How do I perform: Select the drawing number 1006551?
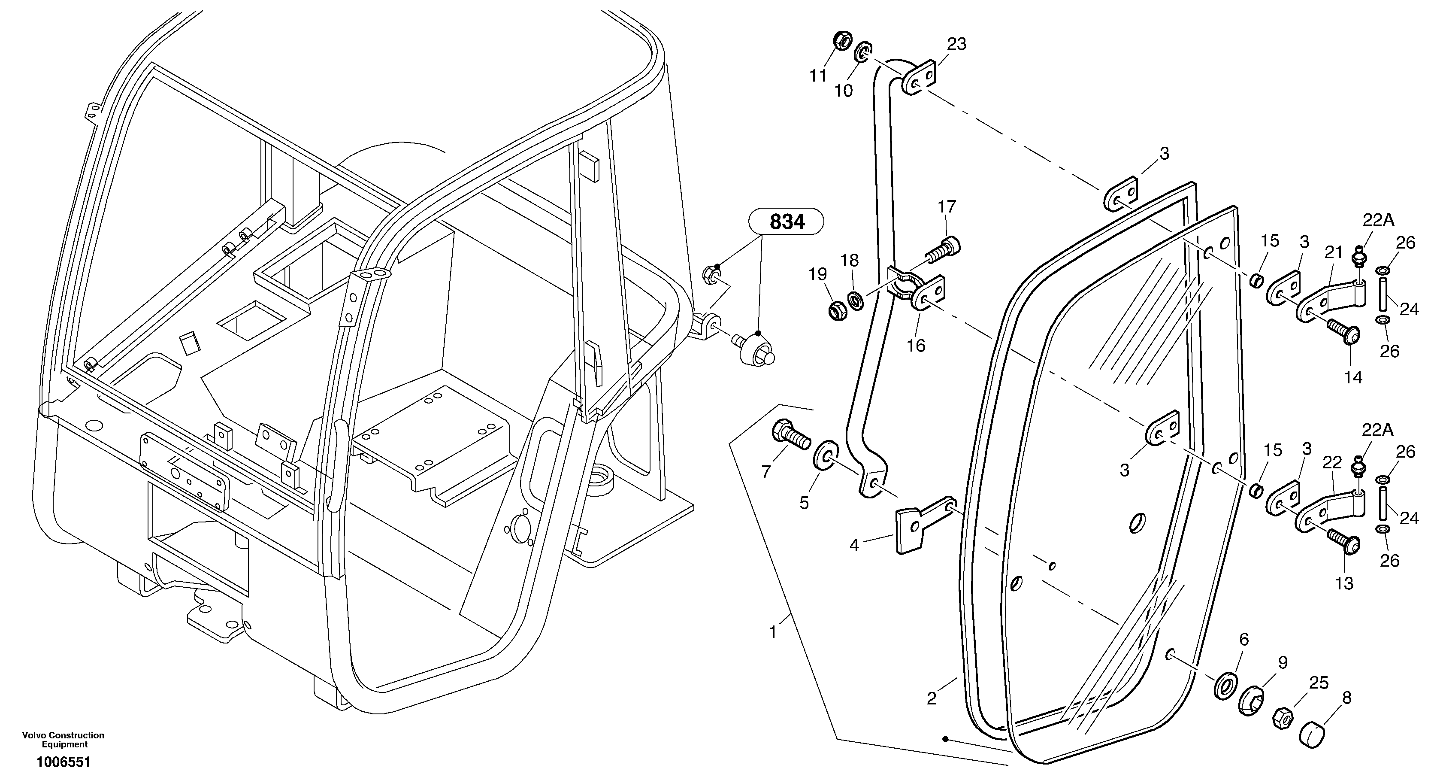[64, 762]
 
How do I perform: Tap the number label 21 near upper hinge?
[1333, 252]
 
